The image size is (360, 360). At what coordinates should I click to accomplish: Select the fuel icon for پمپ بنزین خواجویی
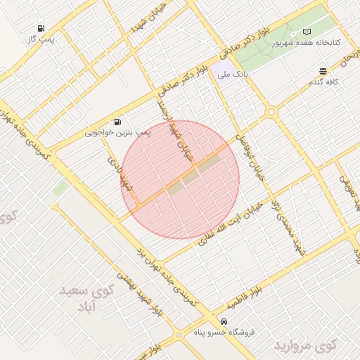[x=117, y=121]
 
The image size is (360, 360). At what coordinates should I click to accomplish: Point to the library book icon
[x=306, y=32]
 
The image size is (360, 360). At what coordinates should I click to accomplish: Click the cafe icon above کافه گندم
[x=323, y=71]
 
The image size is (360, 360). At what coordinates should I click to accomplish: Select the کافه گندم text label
[x=323, y=82]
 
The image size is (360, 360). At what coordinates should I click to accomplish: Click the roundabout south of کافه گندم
[x=270, y=112]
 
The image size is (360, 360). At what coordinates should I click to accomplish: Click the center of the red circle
[x=181, y=179]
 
